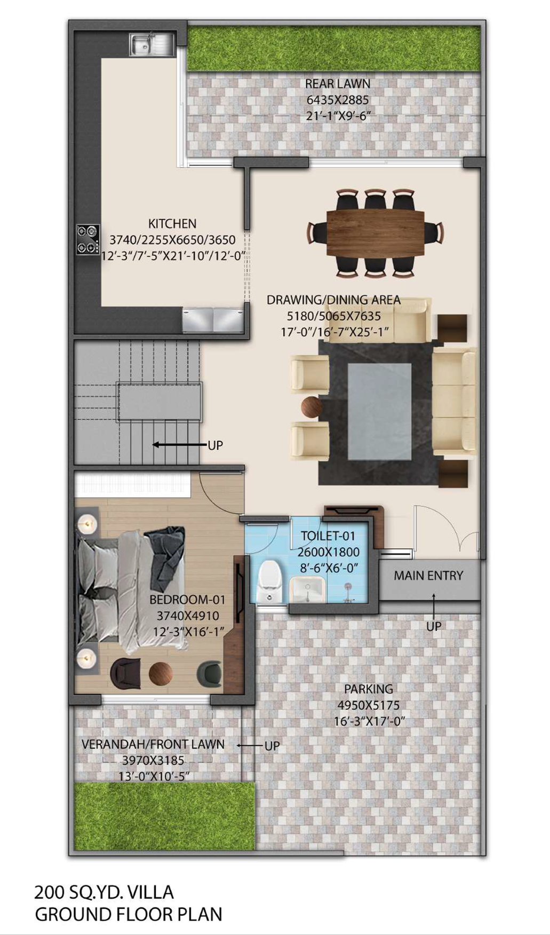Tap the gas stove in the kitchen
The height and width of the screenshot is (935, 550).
(88, 239)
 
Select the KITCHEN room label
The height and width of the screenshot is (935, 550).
(172, 224)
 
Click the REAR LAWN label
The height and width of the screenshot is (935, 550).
(337, 84)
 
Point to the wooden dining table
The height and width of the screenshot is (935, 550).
(376, 233)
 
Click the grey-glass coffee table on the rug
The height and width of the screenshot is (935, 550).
(380, 411)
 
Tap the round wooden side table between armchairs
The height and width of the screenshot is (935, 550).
(311, 407)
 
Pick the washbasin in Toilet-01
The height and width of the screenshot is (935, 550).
(308, 591)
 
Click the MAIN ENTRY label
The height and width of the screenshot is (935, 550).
(428, 576)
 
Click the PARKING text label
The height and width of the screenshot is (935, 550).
(369, 689)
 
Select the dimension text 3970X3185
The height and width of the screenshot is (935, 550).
(153, 760)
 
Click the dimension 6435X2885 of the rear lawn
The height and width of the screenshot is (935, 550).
(337, 100)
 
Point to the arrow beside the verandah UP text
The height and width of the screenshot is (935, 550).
(250, 745)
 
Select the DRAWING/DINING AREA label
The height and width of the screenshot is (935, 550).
(333, 300)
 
